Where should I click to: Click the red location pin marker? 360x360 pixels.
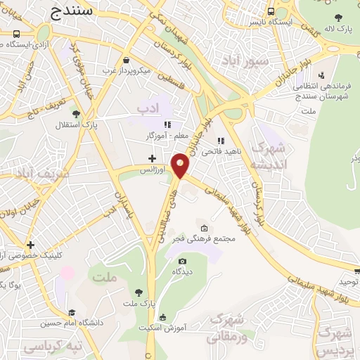click(x=181, y=165)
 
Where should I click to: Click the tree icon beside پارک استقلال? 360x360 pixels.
click(x=76, y=114)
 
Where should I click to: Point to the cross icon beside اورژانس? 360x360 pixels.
click(x=152, y=158)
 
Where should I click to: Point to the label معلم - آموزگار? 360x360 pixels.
click(x=172, y=135)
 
